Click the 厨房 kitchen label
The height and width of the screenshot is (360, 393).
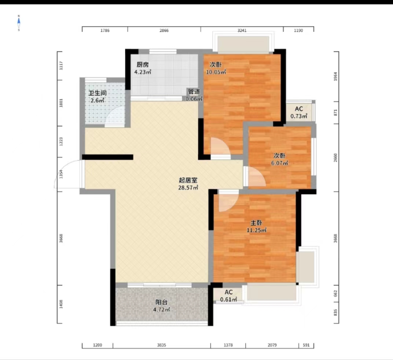point(143,65)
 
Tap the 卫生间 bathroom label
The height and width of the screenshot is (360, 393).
point(98,93)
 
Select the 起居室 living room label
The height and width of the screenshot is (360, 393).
point(188,180)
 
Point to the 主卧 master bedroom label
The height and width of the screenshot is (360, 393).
point(256,223)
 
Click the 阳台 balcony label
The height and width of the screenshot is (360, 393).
point(161,302)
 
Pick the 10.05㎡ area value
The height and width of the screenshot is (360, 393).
point(216,72)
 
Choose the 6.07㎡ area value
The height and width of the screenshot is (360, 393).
point(279,163)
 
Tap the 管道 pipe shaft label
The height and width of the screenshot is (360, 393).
point(194,92)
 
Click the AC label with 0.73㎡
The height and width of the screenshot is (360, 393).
point(299,109)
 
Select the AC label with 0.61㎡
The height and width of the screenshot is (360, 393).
point(229,292)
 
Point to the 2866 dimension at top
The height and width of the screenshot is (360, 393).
point(164,30)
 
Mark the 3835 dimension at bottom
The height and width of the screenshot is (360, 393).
point(162,345)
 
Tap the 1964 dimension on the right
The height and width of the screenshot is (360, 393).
point(335,77)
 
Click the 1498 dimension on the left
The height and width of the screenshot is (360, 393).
point(61,304)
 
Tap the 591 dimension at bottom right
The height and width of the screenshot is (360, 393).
point(306,345)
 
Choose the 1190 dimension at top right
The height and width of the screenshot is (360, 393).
point(298,30)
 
